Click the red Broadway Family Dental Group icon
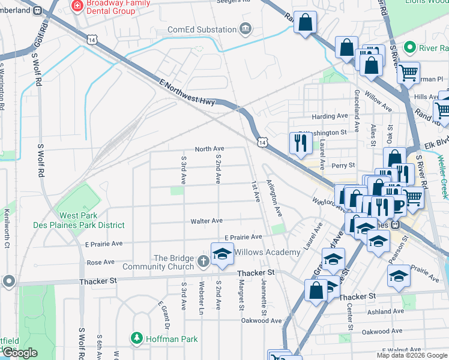point(76,5)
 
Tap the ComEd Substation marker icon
point(245,29)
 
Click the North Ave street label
point(209,149)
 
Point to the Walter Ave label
point(206,221)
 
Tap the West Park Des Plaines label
point(92,220)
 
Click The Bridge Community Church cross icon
point(203,261)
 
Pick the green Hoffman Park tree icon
point(139,339)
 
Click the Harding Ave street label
point(330,116)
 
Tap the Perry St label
point(344,165)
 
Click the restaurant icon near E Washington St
point(300,143)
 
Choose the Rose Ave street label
point(100,262)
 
